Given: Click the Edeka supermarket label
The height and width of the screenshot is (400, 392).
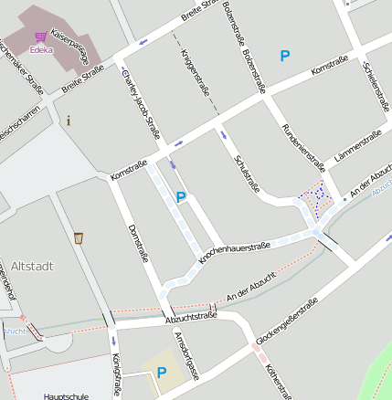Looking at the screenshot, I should click(41, 51).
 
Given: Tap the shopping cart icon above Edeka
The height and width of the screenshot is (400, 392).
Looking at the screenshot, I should click(40, 38).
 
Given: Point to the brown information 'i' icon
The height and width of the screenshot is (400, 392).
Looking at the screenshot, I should click(69, 120).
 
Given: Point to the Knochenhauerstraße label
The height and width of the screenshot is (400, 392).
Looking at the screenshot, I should click(234, 253).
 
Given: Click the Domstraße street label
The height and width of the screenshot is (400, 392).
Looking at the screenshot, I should click(137, 243).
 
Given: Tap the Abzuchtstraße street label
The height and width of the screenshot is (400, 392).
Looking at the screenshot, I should click(191, 318).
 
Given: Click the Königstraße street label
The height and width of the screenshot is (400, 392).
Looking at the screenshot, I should click(116, 375).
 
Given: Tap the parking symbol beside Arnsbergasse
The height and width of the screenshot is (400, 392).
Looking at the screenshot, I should click(162, 372).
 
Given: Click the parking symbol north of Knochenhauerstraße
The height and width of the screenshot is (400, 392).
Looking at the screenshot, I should click(181, 196).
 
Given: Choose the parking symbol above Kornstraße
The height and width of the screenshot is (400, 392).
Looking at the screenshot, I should click(285, 56).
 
